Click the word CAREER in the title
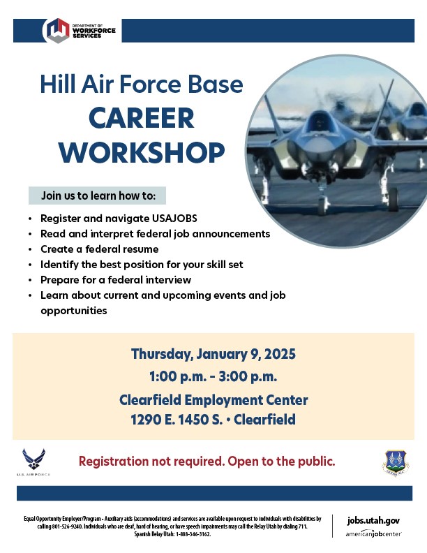142,118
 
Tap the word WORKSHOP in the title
142,152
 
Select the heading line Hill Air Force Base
142,84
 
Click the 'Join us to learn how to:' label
97,195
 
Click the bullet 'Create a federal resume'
100,249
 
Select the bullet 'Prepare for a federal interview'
116,279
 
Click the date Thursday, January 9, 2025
213,354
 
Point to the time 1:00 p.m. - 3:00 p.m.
213,377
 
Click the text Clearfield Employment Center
213,400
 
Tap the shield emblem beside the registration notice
396,463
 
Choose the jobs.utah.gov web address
373,521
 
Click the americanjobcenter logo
373,534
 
